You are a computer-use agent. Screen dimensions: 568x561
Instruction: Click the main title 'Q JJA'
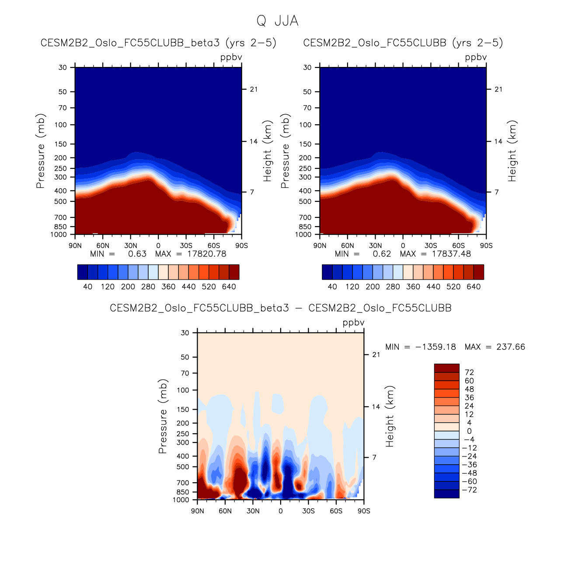pos(277,21)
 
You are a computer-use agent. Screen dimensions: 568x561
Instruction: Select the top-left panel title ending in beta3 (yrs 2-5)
pos(158,43)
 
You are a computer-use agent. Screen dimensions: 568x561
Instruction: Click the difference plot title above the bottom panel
pos(280,308)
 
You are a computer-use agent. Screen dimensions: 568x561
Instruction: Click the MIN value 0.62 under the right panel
pos(382,254)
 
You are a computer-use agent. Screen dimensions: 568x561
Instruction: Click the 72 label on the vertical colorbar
pos(469,372)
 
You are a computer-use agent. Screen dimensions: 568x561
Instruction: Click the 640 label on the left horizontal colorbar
pos(229,287)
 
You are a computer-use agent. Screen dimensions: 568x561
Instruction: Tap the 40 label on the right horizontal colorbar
pos(332,287)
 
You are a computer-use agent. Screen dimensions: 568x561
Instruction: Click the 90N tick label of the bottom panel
pos(198,511)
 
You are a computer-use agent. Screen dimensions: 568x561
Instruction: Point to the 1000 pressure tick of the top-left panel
pos(59,235)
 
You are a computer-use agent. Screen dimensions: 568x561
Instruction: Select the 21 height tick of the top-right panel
pos(498,89)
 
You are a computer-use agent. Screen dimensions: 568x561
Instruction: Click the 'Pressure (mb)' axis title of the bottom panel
pos(163,416)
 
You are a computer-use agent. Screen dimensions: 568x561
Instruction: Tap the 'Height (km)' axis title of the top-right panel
pos(512,151)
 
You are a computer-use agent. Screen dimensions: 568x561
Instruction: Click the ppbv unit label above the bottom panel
pos(353,323)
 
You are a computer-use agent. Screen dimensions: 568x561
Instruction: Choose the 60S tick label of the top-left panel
pos(214,245)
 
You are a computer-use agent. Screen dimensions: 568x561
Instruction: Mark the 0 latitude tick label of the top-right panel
pos(403,245)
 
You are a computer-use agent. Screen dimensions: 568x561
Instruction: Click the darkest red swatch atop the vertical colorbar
pos(446,368)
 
